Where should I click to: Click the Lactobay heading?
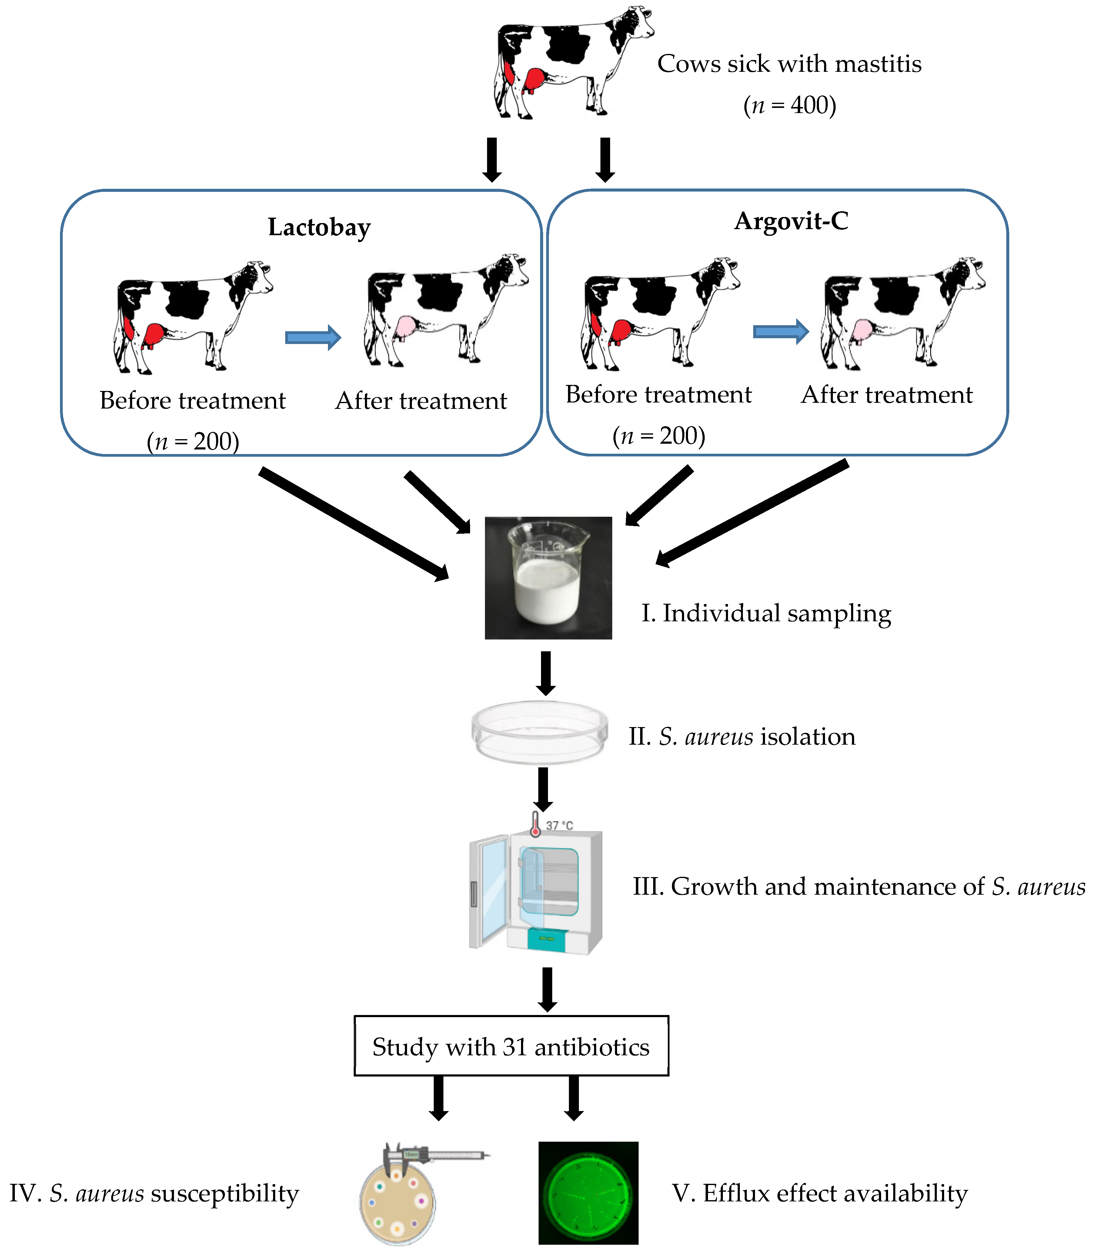click(319, 227)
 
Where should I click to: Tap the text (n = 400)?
click(790, 105)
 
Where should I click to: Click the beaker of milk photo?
click(548, 578)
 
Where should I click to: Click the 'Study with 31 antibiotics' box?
click(511, 1047)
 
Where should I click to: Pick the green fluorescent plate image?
click(588, 1193)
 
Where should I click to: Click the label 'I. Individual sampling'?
click(766, 613)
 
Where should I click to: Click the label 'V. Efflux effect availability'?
click(820, 1193)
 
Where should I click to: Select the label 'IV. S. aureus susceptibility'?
click(154, 1193)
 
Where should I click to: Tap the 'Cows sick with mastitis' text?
click(789, 64)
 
